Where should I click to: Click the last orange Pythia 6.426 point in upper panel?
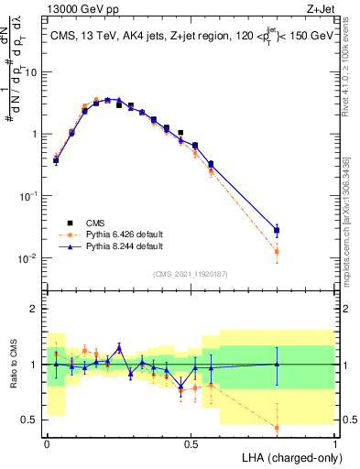277,251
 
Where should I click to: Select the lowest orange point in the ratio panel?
277,427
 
